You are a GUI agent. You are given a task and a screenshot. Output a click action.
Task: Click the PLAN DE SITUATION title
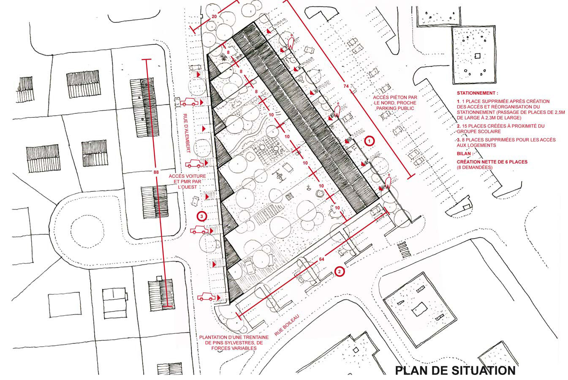(455, 370)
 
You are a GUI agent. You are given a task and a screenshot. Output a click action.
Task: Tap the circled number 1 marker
(370, 141)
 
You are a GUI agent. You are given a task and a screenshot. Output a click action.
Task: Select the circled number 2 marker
(340, 272)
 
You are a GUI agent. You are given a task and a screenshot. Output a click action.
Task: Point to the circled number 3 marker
(202, 216)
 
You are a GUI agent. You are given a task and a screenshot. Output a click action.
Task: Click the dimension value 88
(156, 172)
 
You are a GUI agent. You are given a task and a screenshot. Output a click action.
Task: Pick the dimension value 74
(346, 86)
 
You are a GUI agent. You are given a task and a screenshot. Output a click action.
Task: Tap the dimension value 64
(321, 259)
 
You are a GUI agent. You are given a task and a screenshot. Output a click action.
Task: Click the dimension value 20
(214, 16)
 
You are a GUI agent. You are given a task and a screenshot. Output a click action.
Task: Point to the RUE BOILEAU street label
(287, 325)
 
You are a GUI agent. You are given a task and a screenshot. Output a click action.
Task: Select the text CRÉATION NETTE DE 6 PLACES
(492, 162)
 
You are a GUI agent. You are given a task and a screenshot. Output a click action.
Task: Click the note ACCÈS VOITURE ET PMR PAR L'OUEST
(188, 182)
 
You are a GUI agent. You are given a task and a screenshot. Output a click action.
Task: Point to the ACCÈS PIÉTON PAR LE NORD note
(395, 103)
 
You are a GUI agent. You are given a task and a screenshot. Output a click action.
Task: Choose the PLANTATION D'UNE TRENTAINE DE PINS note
(234, 343)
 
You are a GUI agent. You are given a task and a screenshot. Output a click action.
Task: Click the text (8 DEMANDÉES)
(475, 167)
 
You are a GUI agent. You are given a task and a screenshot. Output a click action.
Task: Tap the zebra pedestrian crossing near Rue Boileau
(404, 250)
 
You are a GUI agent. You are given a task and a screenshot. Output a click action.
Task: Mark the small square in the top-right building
(478, 55)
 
